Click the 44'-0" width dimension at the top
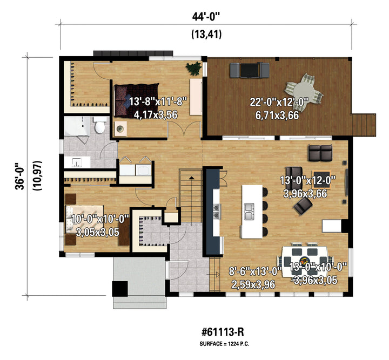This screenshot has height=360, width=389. click(x=206, y=17)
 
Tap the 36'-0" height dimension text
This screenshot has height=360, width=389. click(x=20, y=176)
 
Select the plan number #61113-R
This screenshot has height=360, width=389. click(x=223, y=332)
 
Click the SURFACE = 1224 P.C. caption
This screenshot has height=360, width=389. click(x=224, y=344)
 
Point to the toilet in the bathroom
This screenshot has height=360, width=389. click(x=100, y=125)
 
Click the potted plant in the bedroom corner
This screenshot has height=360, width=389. click(x=193, y=68)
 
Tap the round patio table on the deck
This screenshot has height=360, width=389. click(x=304, y=91)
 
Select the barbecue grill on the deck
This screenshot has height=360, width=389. click(x=250, y=70)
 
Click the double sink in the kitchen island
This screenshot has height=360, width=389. click(x=249, y=212)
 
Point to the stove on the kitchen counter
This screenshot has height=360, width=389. click(x=217, y=212)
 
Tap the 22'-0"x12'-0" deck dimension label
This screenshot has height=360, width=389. click(x=279, y=102)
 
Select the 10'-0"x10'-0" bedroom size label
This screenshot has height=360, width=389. click(x=100, y=219)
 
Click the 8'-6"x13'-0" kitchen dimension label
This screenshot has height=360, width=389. click(x=255, y=271)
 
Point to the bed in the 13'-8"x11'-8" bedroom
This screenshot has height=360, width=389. click(x=137, y=100)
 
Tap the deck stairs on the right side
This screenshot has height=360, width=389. click(x=364, y=125)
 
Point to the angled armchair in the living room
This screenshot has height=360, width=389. click(x=303, y=206)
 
